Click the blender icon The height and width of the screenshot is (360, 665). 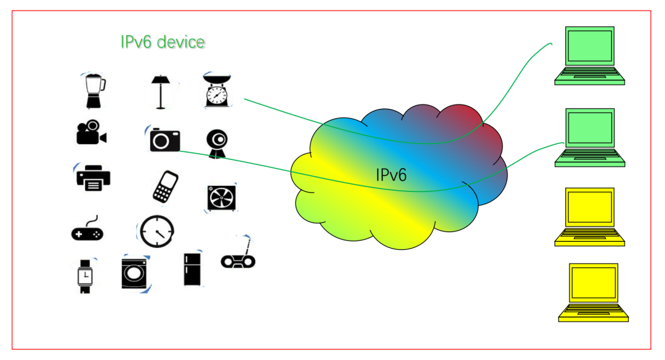click(x=95, y=91)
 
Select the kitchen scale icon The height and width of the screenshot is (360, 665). click(x=217, y=90)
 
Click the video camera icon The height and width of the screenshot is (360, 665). click(x=91, y=132)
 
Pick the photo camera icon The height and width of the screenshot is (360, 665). click(x=164, y=139)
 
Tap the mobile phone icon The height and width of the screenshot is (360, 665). click(x=166, y=186)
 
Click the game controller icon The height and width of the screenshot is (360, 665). click(x=87, y=230)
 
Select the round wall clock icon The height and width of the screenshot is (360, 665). click(x=157, y=231)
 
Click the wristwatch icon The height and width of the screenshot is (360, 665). click(x=85, y=276)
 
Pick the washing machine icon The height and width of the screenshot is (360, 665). click(x=134, y=273)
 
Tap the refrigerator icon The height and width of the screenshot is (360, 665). click(x=192, y=270)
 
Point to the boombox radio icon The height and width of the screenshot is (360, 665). click(x=238, y=256)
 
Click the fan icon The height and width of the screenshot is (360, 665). click(x=222, y=198)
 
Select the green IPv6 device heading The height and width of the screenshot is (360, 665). click(x=163, y=42)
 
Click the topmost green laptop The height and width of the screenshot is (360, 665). click(x=589, y=55)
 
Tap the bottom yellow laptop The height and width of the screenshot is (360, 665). click(x=594, y=292)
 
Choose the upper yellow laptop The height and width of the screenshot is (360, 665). click(x=589, y=217)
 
